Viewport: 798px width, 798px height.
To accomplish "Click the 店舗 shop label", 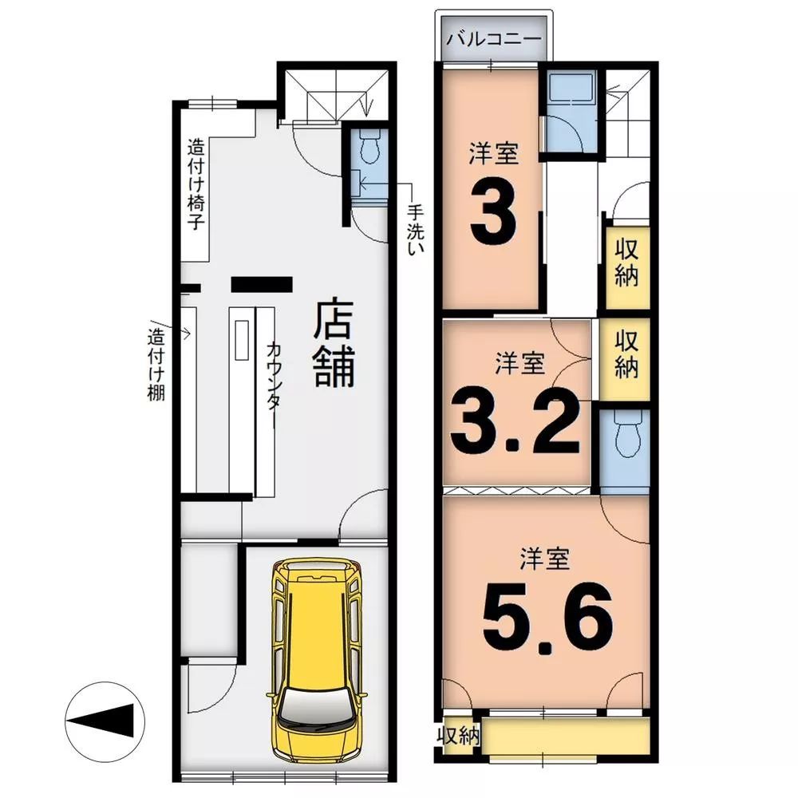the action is (x=334, y=343).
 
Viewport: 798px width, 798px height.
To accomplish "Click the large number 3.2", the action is (x=515, y=421).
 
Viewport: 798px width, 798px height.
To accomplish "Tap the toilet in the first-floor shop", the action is (x=369, y=145).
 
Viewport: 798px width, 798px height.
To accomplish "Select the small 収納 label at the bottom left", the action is (x=459, y=735).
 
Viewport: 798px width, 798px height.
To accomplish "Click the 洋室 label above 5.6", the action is (x=544, y=559).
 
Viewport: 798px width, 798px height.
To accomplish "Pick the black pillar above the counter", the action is (x=262, y=284).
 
